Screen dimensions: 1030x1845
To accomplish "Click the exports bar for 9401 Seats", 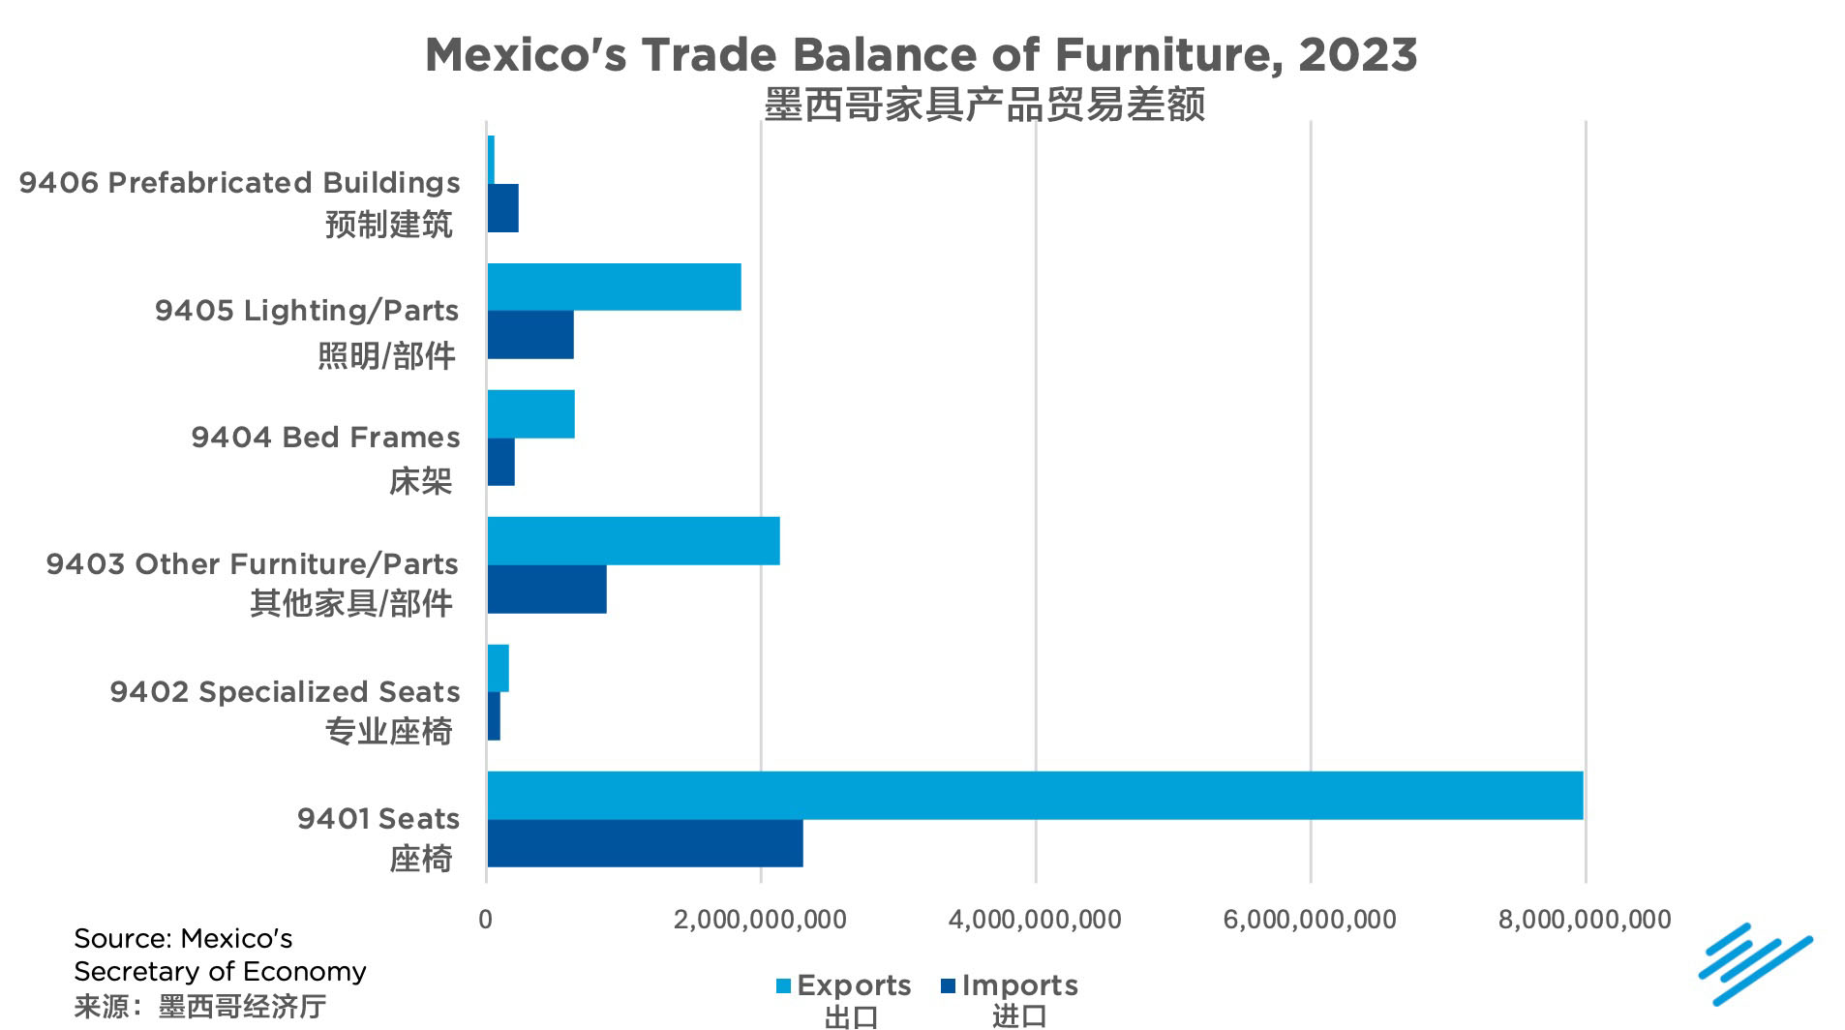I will (1034, 796).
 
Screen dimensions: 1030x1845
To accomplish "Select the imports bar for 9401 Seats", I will (645, 843).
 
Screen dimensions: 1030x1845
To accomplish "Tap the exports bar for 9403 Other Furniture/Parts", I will (633, 541).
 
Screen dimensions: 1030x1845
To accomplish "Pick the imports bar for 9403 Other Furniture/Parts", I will (547, 590).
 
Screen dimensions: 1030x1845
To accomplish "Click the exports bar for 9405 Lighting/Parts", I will (614, 287).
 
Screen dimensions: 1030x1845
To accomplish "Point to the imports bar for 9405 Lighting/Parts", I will (530, 335).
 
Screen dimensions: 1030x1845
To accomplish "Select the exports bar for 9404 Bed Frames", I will (530, 414).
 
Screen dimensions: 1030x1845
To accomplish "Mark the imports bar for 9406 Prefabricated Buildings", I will (502, 208).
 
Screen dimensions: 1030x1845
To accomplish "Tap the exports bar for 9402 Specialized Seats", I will (498, 668).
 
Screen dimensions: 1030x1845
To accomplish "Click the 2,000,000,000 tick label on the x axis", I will (760, 920).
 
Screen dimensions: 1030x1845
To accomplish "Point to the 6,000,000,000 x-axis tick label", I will (1310, 920).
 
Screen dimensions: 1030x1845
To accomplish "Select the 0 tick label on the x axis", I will (486, 920).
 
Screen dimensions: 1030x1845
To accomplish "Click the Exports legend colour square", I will (784, 986).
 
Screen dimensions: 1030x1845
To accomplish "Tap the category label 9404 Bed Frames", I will (325, 438).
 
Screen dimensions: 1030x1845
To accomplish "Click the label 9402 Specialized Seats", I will (285, 692).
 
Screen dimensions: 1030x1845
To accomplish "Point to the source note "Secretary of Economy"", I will (220, 971).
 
